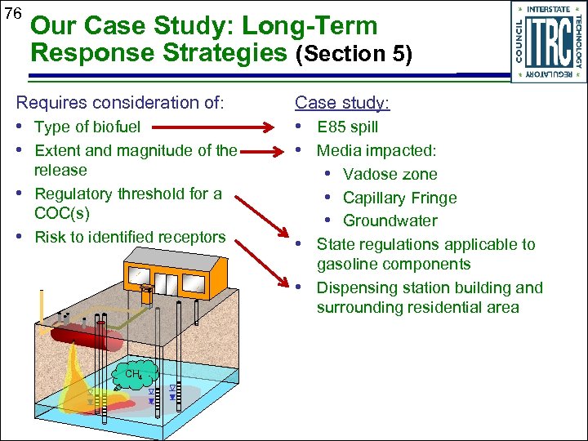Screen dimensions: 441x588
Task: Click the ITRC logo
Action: [x=549, y=41]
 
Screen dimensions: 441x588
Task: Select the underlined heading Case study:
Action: [x=342, y=102]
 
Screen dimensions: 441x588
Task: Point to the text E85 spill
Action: [x=347, y=127]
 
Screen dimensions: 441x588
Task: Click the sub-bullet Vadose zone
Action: [x=390, y=175]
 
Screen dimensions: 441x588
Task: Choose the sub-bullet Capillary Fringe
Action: [x=399, y=198]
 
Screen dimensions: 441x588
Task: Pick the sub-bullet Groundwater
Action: [x=390, y=221]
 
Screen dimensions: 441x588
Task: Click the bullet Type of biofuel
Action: [x=87, y=127]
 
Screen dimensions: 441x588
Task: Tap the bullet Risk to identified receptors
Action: [x=130, y=237]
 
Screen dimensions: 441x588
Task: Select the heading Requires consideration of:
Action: [x=120, y=102]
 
